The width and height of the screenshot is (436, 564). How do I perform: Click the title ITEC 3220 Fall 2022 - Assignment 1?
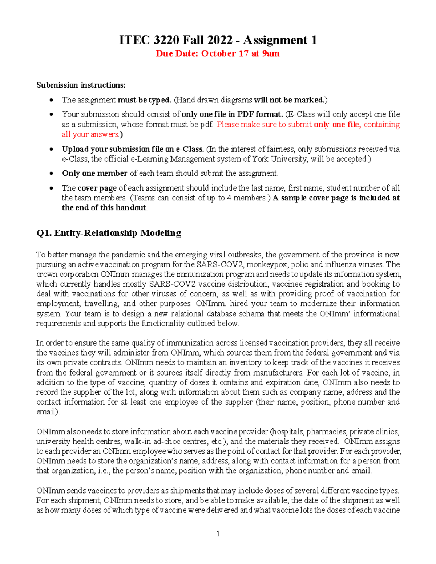coord(218,40)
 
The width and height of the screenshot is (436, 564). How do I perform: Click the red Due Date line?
coord(218,54)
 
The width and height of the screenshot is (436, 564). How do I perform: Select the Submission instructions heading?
coord(81,85)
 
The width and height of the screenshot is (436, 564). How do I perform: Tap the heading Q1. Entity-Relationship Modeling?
coord(109,233)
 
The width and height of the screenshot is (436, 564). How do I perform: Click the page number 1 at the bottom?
coord(218,533)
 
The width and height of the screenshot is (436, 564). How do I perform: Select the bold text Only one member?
coord(94,173)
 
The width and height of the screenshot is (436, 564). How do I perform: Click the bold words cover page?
coord(97,188)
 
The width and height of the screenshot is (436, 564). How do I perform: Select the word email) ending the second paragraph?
coord(48,412)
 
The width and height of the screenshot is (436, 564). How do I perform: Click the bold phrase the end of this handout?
coord(104,208)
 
